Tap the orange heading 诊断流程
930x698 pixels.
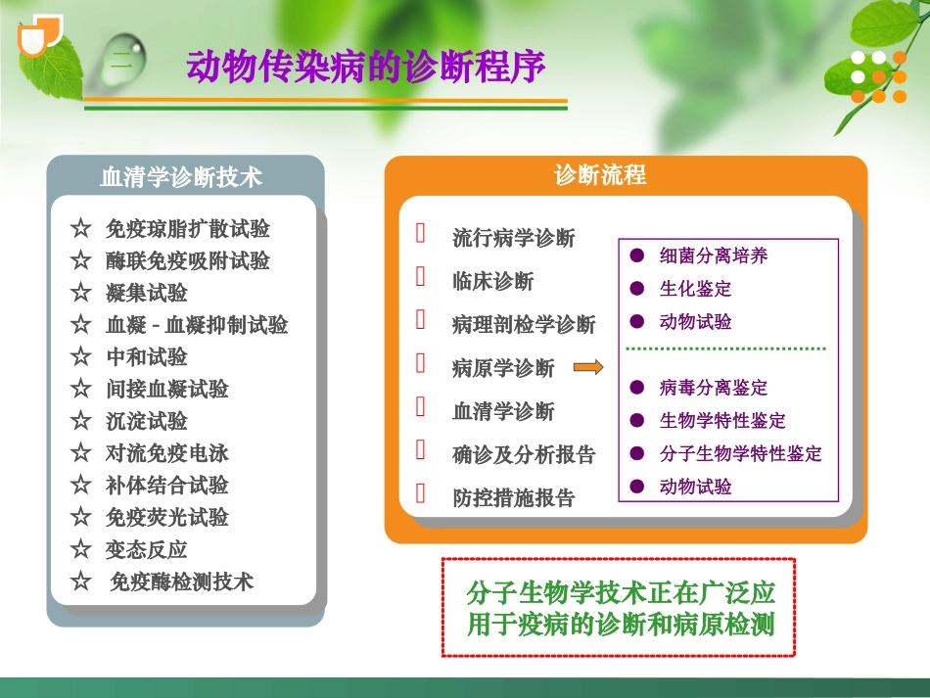coord(600,175)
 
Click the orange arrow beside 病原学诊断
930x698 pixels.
coord(587,367)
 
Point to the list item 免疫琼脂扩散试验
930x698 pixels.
coord(187,229)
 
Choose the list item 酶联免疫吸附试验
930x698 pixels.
coord(187,261)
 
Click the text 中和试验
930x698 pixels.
coord(146,357)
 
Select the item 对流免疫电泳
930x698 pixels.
coord(166,453)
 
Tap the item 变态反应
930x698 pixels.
coord(146,549)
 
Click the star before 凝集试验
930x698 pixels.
coord(80,293)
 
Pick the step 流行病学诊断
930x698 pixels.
coord(513,238)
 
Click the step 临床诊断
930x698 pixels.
coord(492,282)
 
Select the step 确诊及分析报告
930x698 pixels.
coord(524,454)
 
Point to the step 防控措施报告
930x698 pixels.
coord(513,497)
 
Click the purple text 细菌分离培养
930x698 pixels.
coord(713,256)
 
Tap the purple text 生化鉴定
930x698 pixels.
coord(695,289)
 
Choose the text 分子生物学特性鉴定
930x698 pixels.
coord(740,453)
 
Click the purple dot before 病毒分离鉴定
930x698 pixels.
coord(637,388)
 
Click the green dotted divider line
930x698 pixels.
coord(725,349)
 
